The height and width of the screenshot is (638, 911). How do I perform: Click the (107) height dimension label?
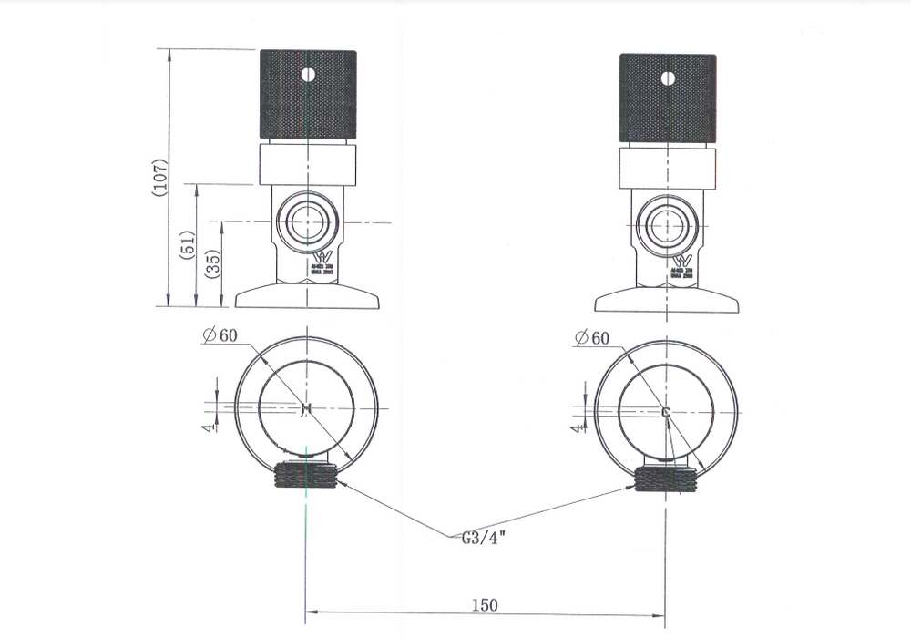(x=159, y=179)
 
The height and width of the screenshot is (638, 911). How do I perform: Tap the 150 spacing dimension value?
(x=485, y=604)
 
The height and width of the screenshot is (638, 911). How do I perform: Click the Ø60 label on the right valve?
(x=592, y=338)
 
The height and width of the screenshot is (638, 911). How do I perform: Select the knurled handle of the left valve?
(x=308, y=97)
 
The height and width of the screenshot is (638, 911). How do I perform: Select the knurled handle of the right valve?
(x=668, y=98)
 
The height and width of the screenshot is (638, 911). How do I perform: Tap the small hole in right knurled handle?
(x=668, y=77)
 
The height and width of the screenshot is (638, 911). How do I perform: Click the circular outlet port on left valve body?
(x=308, y=221)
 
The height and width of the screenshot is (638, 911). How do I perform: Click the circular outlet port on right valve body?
(x=667, y=224)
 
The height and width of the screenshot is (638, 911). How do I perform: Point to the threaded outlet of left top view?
(x=307, y=475)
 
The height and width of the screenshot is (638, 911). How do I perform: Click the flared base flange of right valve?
(x=667, y=300)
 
